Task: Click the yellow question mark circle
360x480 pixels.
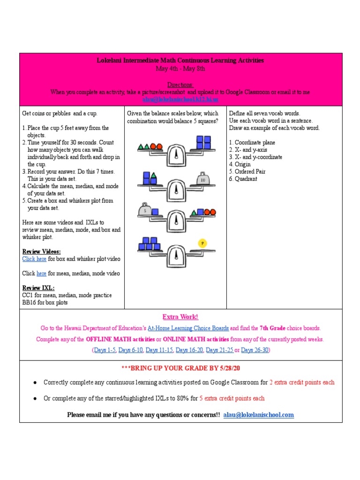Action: click(202, 243)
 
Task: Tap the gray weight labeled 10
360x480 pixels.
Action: click(202, 179)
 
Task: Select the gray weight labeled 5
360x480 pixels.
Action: click(144, 210)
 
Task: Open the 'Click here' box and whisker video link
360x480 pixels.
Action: click(34, 259)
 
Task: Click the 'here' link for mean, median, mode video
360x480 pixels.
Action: click(41, 273)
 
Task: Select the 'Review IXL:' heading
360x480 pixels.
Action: click(38, 288)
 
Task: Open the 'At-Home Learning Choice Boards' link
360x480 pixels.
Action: click(188, 328)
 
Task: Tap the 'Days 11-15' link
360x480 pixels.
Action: click(159, 350)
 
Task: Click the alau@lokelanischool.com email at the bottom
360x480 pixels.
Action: click(258, 414)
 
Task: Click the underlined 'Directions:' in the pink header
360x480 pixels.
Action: click(180, 85)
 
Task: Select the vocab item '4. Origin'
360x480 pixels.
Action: click(240, 164)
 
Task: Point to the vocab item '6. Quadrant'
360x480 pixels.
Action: click(243, 179)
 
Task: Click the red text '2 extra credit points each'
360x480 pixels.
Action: click(302, 382)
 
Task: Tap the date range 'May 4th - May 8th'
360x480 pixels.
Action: click(180, 68)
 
